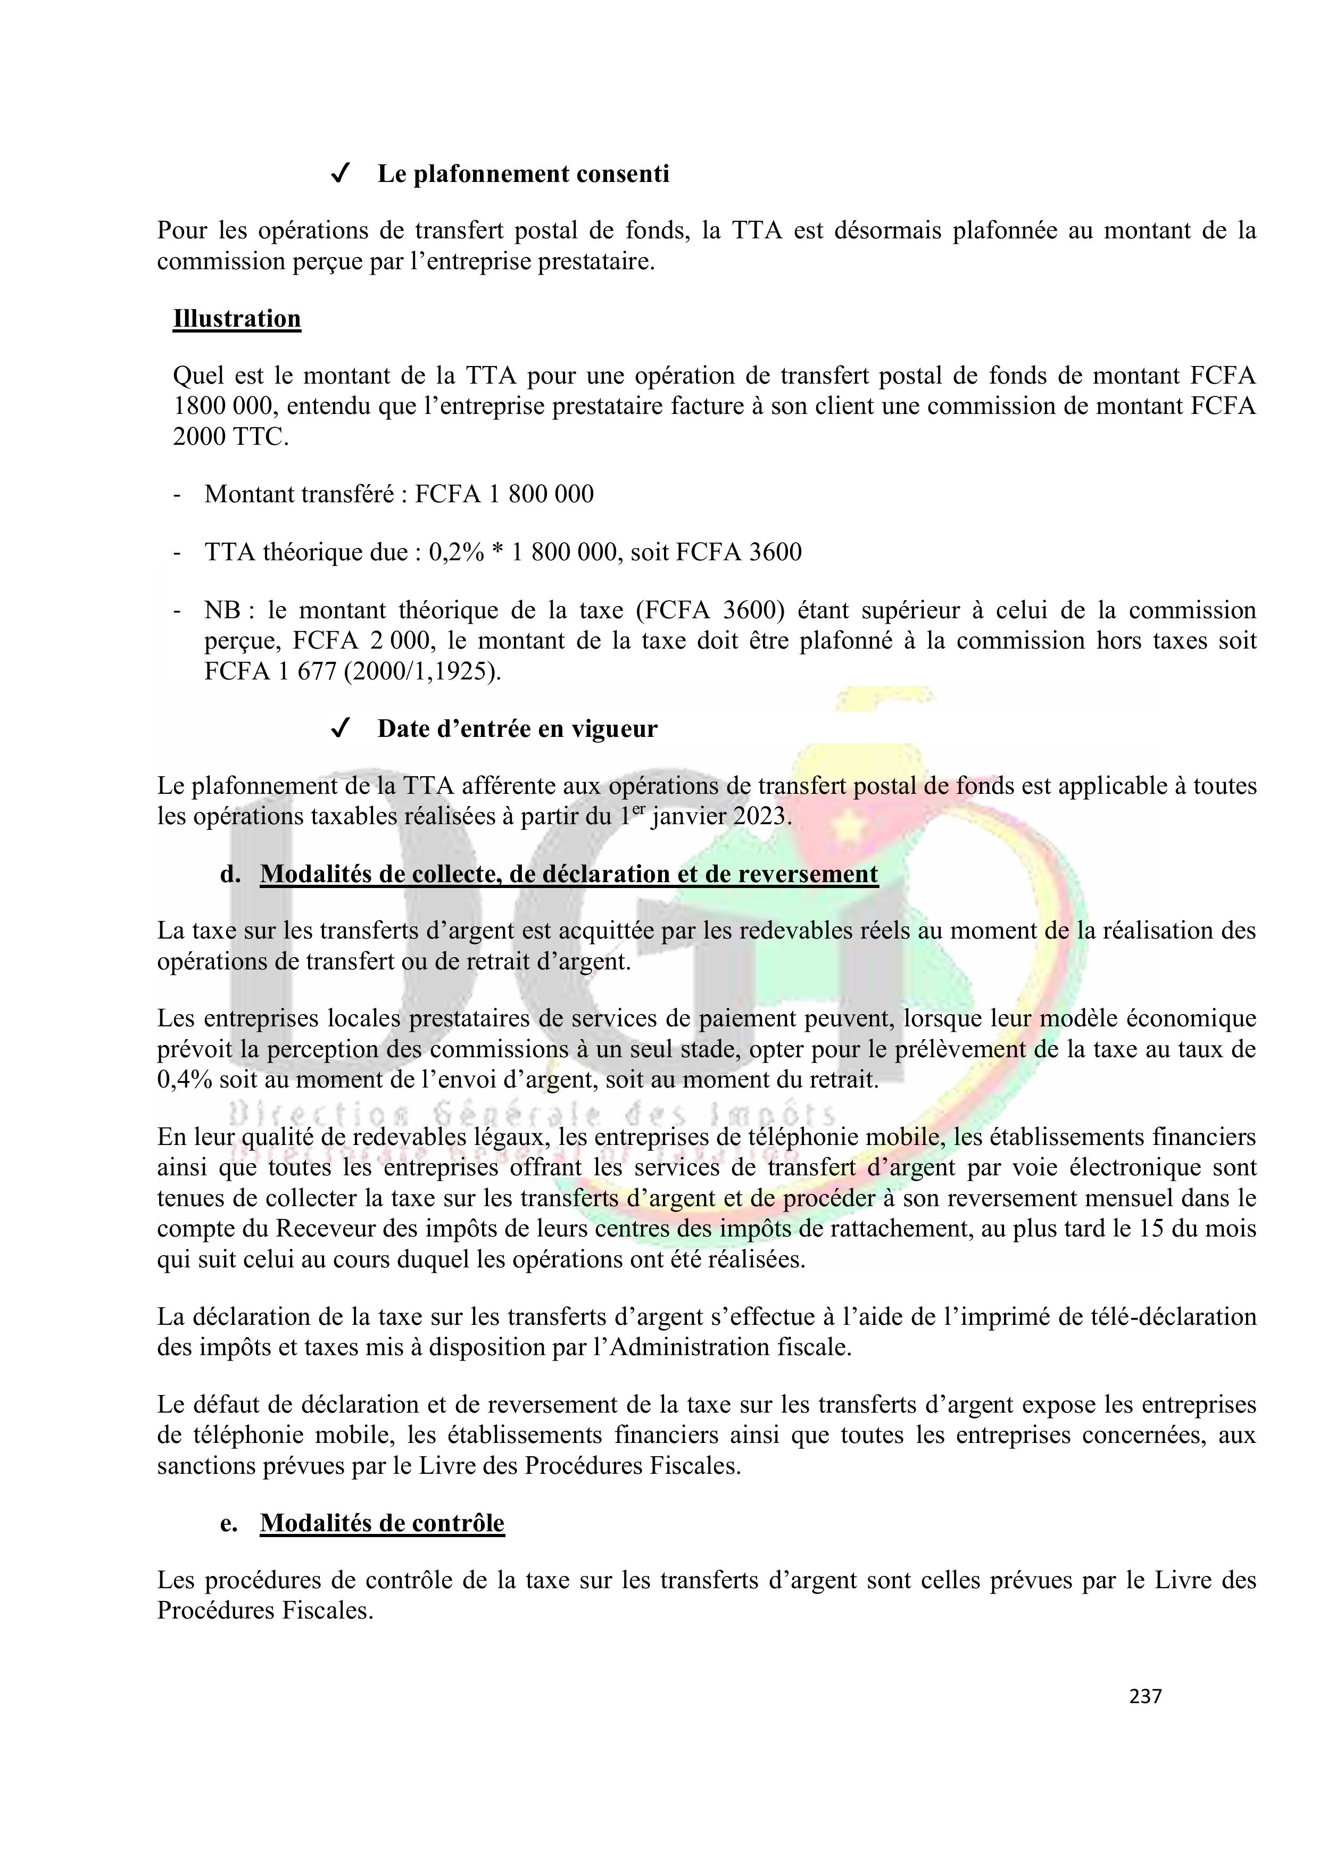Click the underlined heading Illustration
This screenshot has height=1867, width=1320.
237,319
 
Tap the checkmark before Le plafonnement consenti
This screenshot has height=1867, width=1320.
341,174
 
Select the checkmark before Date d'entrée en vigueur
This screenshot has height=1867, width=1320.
341,728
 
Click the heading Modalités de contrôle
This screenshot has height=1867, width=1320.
382,1523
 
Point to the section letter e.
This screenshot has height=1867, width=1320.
229,1523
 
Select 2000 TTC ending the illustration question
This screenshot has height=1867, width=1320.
230,437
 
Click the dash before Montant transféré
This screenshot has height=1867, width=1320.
177,494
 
